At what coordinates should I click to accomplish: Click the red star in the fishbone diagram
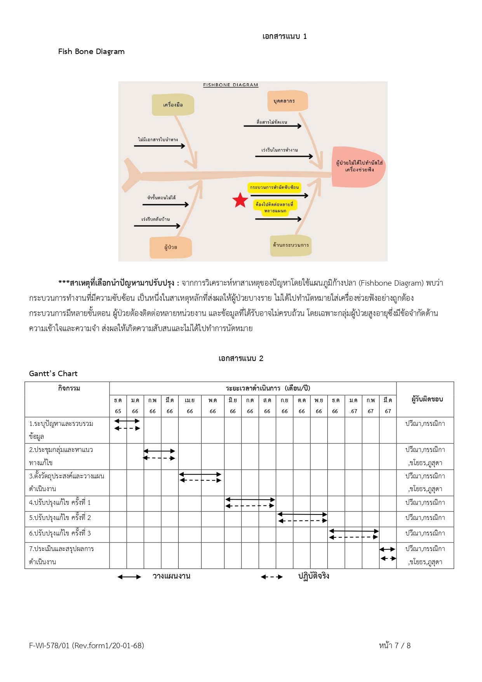pyautogui.click(x=240, y=200)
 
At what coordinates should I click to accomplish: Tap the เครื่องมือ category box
pyautogui.click(x=173, y=105)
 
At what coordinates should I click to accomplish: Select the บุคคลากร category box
pyautogui.click(x=287, y=101)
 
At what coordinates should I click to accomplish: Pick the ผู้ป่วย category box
pyautogui.click(x=171, y=247)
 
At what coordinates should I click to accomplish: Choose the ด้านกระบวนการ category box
pyautogui.click(x=291, y=245)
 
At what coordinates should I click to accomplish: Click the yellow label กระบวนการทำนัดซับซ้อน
pyautogui.click(x=274, y=187)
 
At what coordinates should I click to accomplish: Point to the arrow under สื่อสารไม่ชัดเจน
pyautogui.click(x=272, y=126)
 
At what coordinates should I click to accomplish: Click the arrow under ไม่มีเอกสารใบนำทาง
pyautogui.click(x=159, y=146)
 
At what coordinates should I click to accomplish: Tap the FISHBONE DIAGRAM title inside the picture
pyautogui.click(x=230, y=85)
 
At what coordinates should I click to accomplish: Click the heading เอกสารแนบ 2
pyautogui.click(x=241, y=358)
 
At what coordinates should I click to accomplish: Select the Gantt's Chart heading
pyautogui.click(x=53, y=373)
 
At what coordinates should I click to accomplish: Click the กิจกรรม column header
pyautogui.click(x=69, y=388)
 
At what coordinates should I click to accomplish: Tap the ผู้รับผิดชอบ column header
pyautogui.click(x=427, y=399)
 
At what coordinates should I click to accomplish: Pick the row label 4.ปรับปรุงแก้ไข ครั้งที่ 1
pyautogui.click(x=60, y=502)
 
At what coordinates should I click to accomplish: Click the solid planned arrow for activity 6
pyautogui.click(x=354, y=531)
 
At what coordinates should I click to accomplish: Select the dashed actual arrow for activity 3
pyautogui.click(x=200, y=480)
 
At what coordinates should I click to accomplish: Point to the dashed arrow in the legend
pyautogui.click(x=272, y=577)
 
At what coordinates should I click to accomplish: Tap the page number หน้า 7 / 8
pyautogui.click(x=395, y=645)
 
